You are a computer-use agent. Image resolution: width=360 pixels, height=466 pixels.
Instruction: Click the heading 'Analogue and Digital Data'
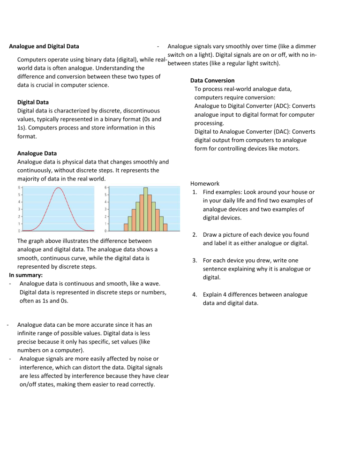coord(44,46)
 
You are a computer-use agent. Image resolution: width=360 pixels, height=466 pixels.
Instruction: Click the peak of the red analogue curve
coord(58,188)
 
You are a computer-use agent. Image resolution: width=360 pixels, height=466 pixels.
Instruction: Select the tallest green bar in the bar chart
coord(146,209)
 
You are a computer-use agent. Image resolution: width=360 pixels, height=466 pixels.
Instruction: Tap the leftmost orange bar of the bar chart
coord(126,227)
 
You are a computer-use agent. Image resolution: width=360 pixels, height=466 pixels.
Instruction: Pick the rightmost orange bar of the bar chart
coord(165,227)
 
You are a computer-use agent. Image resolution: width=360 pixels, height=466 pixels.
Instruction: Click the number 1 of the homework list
coord(194,193)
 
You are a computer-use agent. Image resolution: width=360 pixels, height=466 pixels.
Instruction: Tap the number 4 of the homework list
coord(194,294)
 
